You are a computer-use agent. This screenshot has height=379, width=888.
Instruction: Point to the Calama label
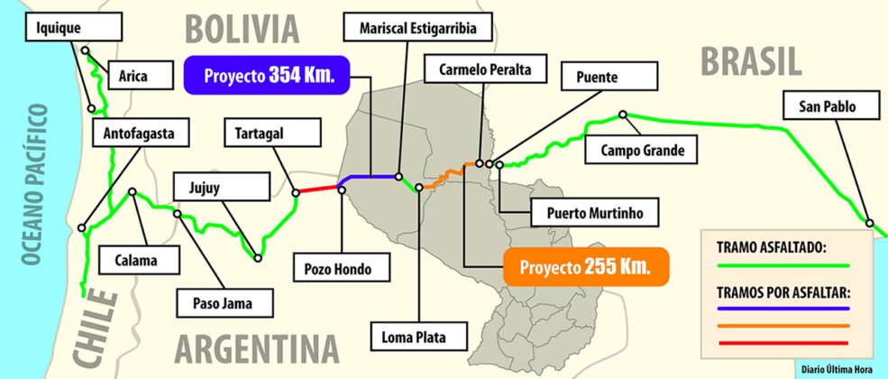click(136, 260)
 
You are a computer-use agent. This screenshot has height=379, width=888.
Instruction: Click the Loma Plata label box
click(420, 338)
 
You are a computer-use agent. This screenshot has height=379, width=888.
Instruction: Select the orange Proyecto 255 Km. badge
click(585, 267)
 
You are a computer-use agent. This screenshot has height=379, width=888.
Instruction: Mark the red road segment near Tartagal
click(317, 189)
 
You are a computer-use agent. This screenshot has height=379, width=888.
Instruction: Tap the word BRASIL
click(750, 61)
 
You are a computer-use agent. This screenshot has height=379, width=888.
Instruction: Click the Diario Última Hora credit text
click(838, 368)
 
